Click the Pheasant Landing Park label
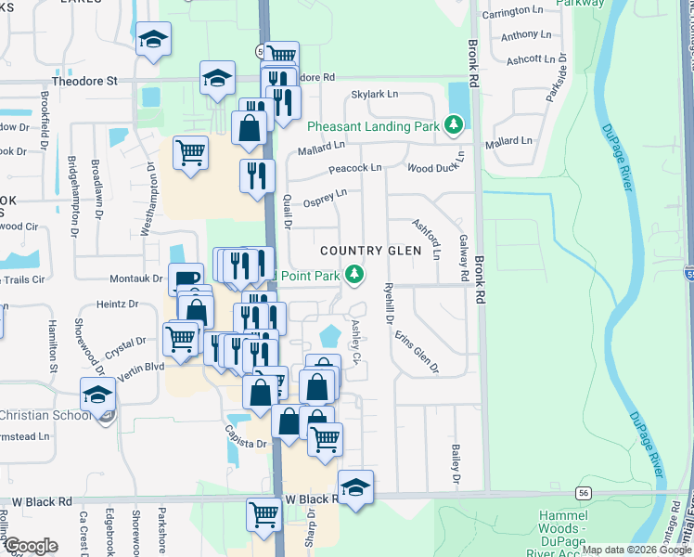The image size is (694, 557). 374,125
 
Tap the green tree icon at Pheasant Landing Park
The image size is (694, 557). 454,123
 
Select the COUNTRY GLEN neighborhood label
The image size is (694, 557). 370,252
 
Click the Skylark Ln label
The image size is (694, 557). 375,95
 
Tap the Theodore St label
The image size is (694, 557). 85,82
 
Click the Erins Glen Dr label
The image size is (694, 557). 417,353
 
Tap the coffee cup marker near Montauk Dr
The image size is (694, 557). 186,279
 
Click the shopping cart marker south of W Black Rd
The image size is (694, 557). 264,512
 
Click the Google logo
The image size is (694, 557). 31,546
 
